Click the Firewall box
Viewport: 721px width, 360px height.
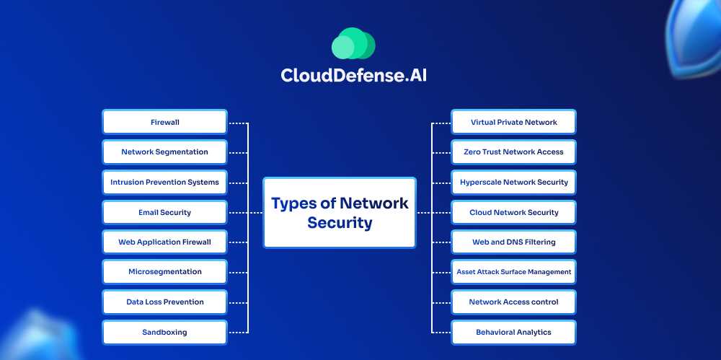coord(164,122)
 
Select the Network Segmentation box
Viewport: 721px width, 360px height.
coord(164,152)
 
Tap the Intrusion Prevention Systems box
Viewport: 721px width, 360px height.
coord(164,183)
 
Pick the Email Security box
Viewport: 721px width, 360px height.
coord(164,213)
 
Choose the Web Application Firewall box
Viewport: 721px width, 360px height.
coord(164,242)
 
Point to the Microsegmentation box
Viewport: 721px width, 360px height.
coord(164,272)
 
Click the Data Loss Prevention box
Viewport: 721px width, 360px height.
coord(164,302)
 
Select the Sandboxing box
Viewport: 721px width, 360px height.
coord(164,333)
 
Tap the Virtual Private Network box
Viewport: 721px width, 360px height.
coord(513,122)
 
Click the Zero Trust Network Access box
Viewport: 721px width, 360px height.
coord(513,152)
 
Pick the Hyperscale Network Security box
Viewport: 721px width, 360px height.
coord(513,183)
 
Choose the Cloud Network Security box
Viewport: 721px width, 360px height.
coord(513,213)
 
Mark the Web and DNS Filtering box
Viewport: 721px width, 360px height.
coord(513,242)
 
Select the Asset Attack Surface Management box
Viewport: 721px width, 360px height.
coord(513,272)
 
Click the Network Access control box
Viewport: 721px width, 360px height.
coord(513,302)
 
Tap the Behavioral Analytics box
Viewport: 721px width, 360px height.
coord(513,333)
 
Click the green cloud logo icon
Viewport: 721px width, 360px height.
coord(353,44)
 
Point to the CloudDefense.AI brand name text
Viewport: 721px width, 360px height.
coord(353,76)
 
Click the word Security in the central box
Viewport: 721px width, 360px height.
coord(340,223)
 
